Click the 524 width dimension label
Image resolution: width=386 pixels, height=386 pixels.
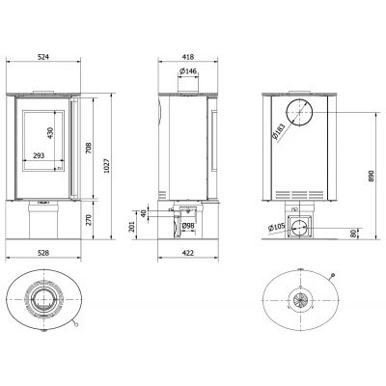(x=43, y=57)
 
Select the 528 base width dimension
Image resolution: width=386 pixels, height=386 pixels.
(x=43, y=253)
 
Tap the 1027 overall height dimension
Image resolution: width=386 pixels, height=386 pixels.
(x=107, y=166)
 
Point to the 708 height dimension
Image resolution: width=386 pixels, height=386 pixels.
(x=89, y=148)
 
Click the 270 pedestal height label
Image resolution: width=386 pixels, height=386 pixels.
(x=89, y=219)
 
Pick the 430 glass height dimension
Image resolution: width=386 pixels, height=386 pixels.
(x=50, y=133)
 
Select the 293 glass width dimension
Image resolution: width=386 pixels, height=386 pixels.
(x=39, y=155)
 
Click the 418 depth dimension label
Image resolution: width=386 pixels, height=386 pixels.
(x=188, y=57)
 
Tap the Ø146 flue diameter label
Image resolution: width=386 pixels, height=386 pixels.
(x=188, y=71)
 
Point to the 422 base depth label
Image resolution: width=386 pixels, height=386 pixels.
(x=188, y=253)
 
